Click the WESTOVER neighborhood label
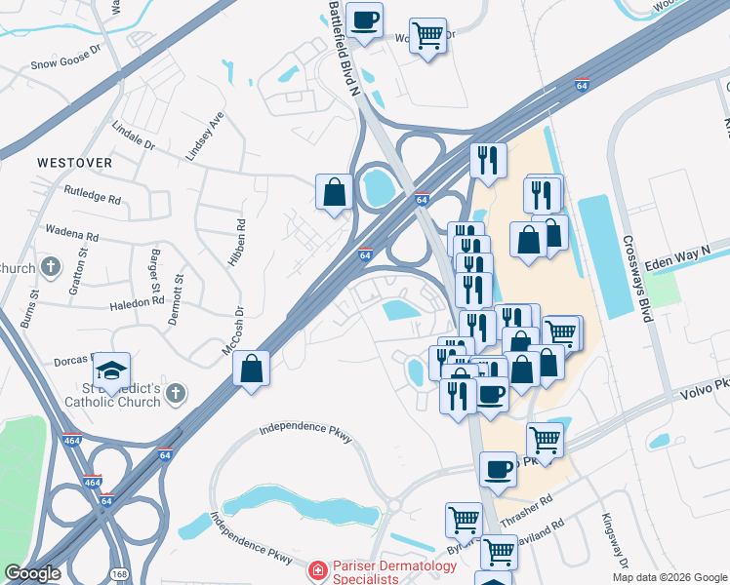coord(74,162)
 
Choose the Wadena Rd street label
coord(72,235)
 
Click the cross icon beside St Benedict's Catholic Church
coord(175,393)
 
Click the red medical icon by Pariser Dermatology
coord(316,568)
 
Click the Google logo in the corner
coord(32,573)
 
